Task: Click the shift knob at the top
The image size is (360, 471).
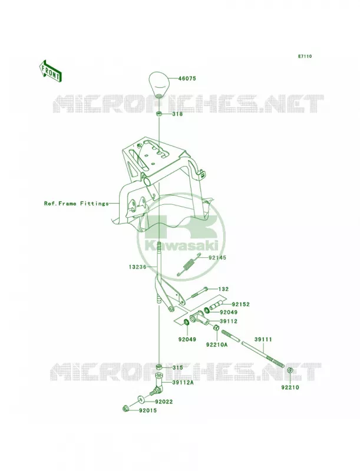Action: coord(159,85)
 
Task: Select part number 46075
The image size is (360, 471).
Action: coord(187,78)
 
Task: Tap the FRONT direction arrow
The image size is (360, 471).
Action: coord(51,71)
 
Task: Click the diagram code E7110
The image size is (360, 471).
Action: coord(305,56)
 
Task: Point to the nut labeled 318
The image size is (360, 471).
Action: coord(159,114)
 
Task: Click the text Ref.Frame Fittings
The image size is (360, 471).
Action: coord(77,203)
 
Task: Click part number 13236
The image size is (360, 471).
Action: coord(138,267)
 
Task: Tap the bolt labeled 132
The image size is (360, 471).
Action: coord(198,293)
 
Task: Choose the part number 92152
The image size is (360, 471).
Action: coord(241,304)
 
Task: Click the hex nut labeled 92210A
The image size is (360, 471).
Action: coord(216,328)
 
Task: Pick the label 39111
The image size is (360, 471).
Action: coord(263,340)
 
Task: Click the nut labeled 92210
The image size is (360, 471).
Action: coord(290,370)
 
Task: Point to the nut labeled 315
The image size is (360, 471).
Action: coord(159,367)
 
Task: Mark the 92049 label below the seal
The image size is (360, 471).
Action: coord(187,340)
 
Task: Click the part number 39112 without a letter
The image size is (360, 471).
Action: coord(229,321)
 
